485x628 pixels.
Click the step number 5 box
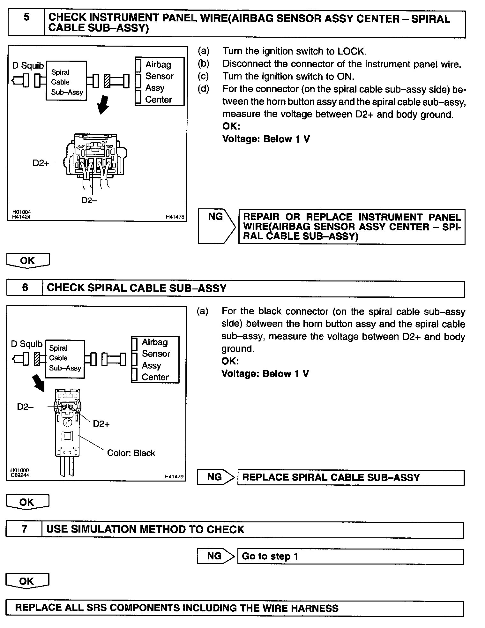(26, 23)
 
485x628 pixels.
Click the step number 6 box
(25, 288)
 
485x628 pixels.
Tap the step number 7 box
(24, 529)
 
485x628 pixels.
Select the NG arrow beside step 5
(216, 226)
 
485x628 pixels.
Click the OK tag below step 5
(28, 260)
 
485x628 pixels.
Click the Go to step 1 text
(270, 556)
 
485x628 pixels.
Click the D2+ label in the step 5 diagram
(41, 163)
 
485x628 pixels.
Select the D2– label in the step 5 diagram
(89, 200)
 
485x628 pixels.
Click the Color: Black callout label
(131, 453)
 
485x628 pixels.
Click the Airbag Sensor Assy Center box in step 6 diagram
(155, 359)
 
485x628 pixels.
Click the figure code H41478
(175, 217)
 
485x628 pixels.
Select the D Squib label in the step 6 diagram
(27, 344)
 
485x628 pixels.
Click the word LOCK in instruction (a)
(352, 51)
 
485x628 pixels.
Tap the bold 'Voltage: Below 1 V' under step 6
(265, 374)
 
